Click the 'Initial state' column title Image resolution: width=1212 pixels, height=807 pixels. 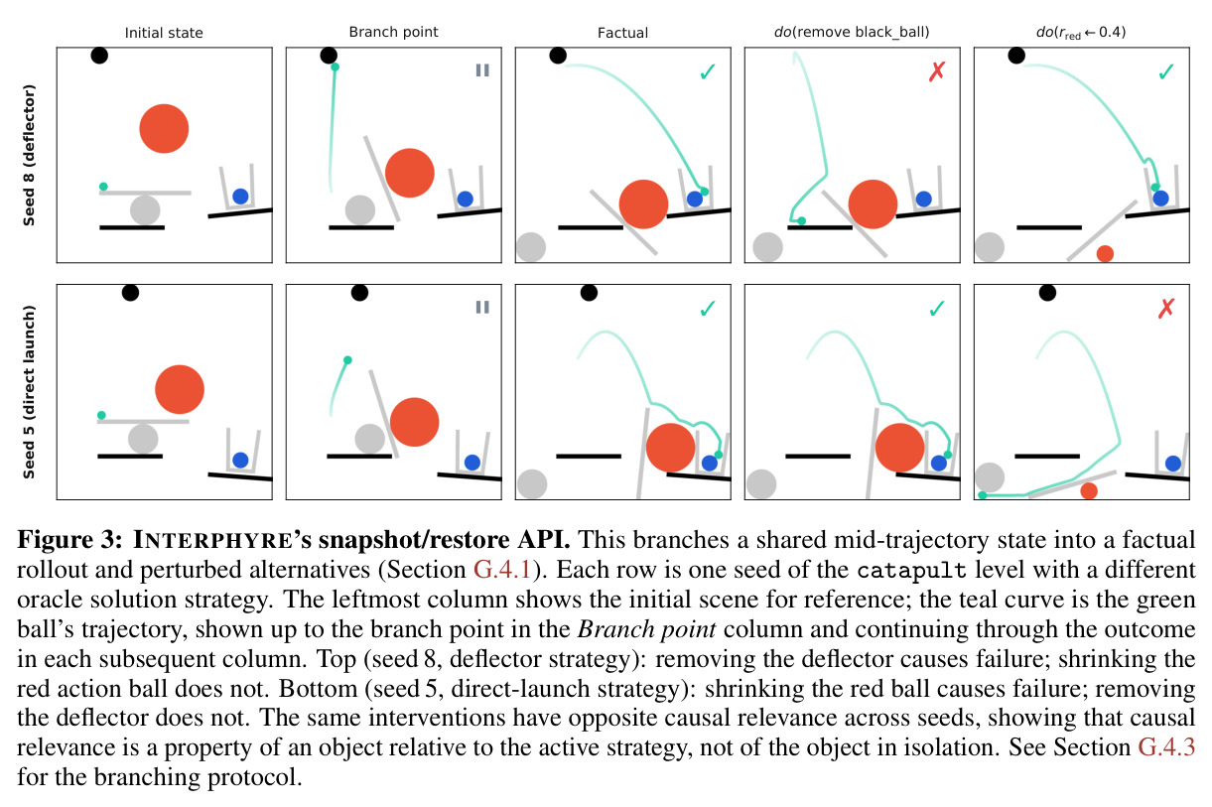(x=164, y=33)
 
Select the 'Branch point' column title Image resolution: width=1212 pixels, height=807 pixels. (x=393, y=32)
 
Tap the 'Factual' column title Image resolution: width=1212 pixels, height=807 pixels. (x=622, y=33)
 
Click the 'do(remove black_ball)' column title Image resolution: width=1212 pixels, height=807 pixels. (x=852, y=33)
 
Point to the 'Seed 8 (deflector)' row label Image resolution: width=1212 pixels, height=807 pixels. (x=29, y=155)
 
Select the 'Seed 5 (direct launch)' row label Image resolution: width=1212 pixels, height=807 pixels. (x=29, y=392)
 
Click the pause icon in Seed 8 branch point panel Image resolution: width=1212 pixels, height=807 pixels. (x=482, y=70)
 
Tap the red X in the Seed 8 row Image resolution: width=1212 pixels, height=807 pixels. (x=937, y=70)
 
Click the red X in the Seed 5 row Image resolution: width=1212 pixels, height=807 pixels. (x=1166, y=308)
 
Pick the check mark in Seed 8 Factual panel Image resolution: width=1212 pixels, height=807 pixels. (x=708, y=71)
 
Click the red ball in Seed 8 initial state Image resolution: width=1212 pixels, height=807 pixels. (x=164, y=129)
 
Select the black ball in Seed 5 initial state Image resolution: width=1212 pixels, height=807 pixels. (x=130, y=293)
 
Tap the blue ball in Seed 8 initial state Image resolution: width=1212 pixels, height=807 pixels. (x=240, y=197)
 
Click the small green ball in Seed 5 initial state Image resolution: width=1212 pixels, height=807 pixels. (x=101, y=415)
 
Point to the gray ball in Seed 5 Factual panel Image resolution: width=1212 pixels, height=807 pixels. (x=532, y=483)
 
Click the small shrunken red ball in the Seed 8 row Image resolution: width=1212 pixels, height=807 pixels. (x=1105, y=253)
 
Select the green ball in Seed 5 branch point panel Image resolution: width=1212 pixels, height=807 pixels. (x=347, y=360)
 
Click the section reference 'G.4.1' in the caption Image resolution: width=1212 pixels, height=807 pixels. (x=502, y=570)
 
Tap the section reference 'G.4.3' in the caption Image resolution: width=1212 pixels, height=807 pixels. (x=1166, y=747)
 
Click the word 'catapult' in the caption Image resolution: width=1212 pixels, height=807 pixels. (x=911, y=571)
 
